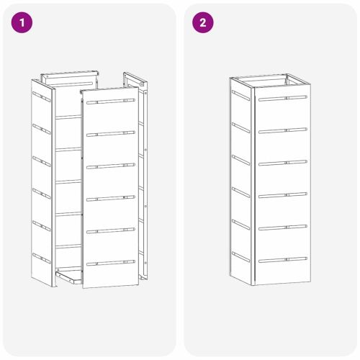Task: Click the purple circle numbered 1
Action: (x=22, y=22)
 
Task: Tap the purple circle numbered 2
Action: (x=203, y=22)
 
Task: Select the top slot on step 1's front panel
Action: (x=111, y=101)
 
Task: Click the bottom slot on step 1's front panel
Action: (x=111, y=263)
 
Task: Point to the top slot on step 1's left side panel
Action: (x=42, y=96)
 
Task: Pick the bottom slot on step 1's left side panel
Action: (x=42, y=258)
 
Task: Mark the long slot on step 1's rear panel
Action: (x=69, y=84)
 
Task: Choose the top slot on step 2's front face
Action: (x=283, y=98)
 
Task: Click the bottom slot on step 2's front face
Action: (x=283, y=260)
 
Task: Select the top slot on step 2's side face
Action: (x=240, y=96)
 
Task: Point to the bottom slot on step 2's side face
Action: (x=240, y=257)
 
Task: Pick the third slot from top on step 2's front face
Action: (x=283, y=163)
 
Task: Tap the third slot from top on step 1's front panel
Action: (x=111, y=166)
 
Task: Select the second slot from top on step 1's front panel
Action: (x=111, y=133)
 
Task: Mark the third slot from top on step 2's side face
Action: (x=240, y=160)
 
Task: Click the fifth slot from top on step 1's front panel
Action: (x=111, y=230)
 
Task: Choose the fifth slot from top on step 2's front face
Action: (x=283, y=228)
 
